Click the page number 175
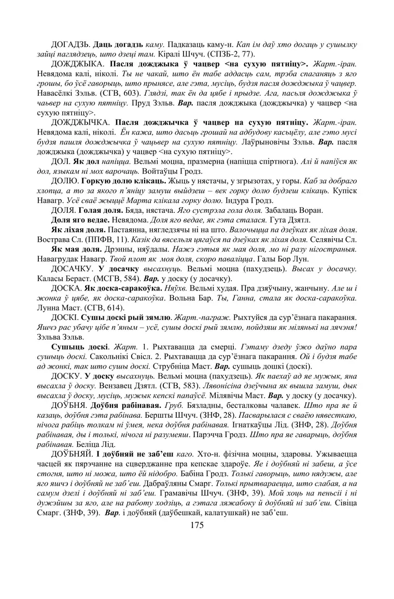[x=197, y=525]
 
